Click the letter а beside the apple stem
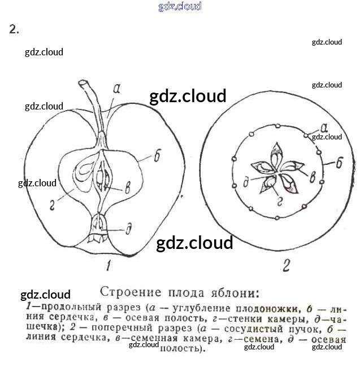[x=117, y=88]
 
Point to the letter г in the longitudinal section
[x=53, y=208]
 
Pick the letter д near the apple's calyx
[x=129, y=229]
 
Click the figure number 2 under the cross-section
[x=286, y=265]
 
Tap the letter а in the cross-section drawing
[x=324, y=127]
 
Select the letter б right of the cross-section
[x=339, y=164]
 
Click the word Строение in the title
[x=129, y=292]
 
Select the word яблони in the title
[x=236, y=292]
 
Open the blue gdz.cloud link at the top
[x=180, y=7]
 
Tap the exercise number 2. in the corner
[x=14, y=30]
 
